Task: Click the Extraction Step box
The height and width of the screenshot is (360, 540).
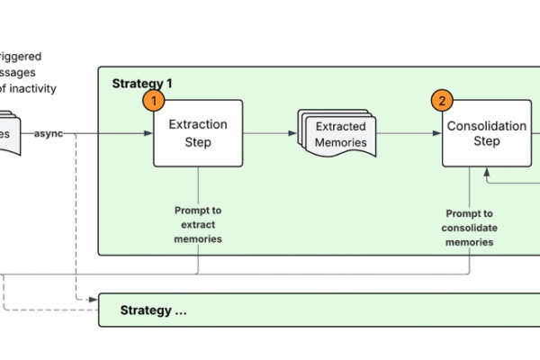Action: [x=198, y=133]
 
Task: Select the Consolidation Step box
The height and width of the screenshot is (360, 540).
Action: [x=486, y=133]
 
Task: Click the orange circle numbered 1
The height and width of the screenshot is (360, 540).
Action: [x=156, y=100]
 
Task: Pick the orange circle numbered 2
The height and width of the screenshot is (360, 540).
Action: [x=442, y=100]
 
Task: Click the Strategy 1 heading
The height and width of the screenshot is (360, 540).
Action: [x=142, y=83]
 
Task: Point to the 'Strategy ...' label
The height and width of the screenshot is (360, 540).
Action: [x=154, y=310]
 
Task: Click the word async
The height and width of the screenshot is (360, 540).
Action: [x=49, y=134]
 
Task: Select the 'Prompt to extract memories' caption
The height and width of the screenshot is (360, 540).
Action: [x=198, y=224]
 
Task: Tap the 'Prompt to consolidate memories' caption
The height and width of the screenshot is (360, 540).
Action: [x=469, y=228]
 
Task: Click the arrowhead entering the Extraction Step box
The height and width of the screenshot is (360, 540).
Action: [x=148, y=134]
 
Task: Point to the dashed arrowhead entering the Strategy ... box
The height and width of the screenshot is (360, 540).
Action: [x=94, y=299]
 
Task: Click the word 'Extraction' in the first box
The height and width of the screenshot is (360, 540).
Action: [x=198, y=125]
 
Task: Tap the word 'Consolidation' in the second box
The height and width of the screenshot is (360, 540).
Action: [x=487, y=126]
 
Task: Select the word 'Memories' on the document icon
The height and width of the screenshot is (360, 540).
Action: [x=341, y=142]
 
